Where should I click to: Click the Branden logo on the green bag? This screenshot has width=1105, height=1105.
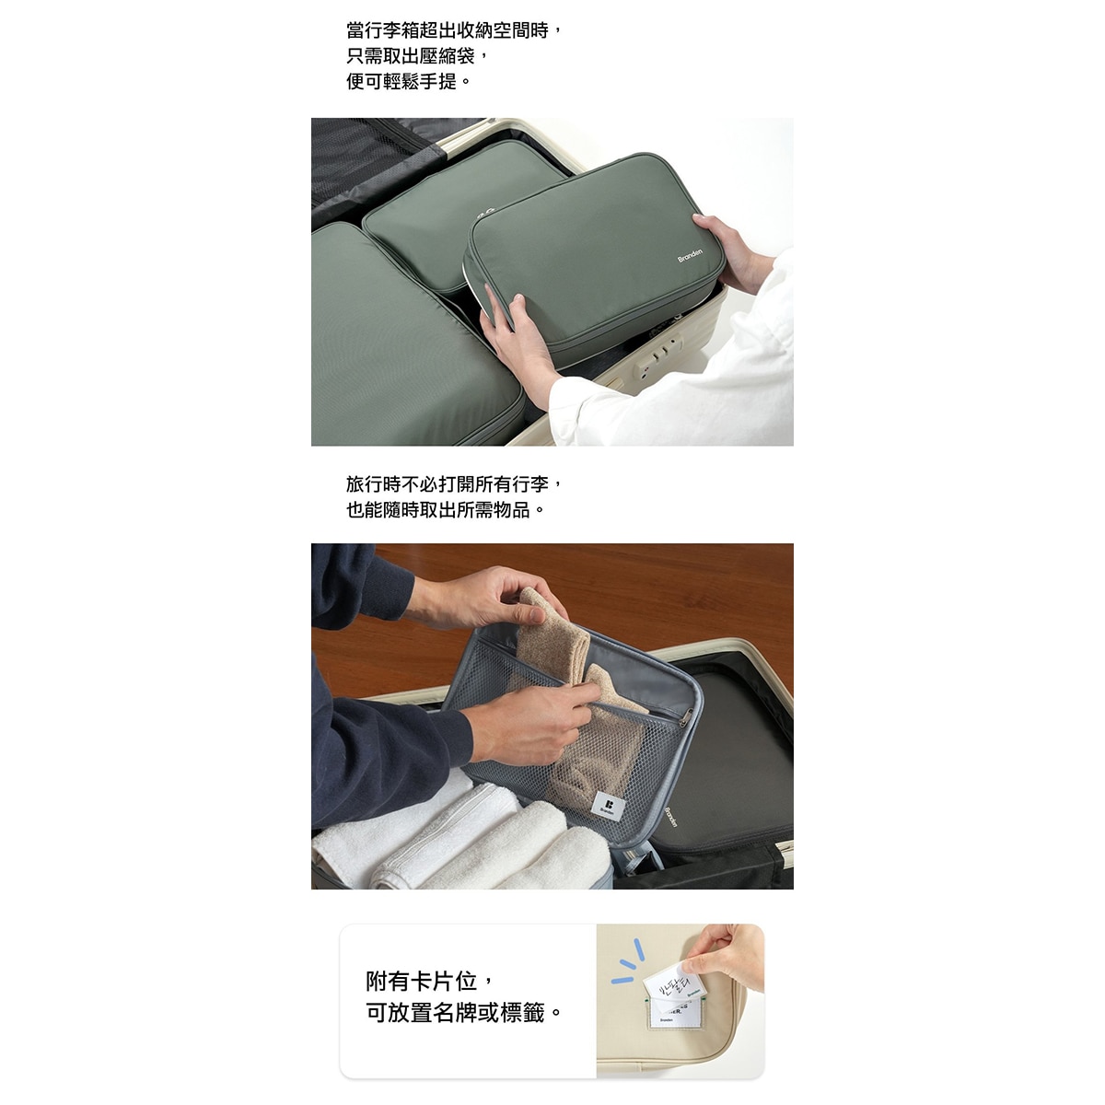click(690, 255)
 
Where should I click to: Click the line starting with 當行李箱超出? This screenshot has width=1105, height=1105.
click(454, 30)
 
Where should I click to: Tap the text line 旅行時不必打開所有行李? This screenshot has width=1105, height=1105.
click(454, 483)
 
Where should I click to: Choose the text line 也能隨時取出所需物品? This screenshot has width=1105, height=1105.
click(446, 509)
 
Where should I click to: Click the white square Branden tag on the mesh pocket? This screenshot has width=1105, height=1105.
click(609, 806)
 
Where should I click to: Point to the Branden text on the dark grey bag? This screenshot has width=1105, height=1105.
click(670, 817)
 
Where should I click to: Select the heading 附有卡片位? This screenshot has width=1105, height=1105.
click(431, 981)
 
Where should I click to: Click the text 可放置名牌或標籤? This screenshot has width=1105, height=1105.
click(463, 1013)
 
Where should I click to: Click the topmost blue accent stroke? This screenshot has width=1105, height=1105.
click(637, 948)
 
